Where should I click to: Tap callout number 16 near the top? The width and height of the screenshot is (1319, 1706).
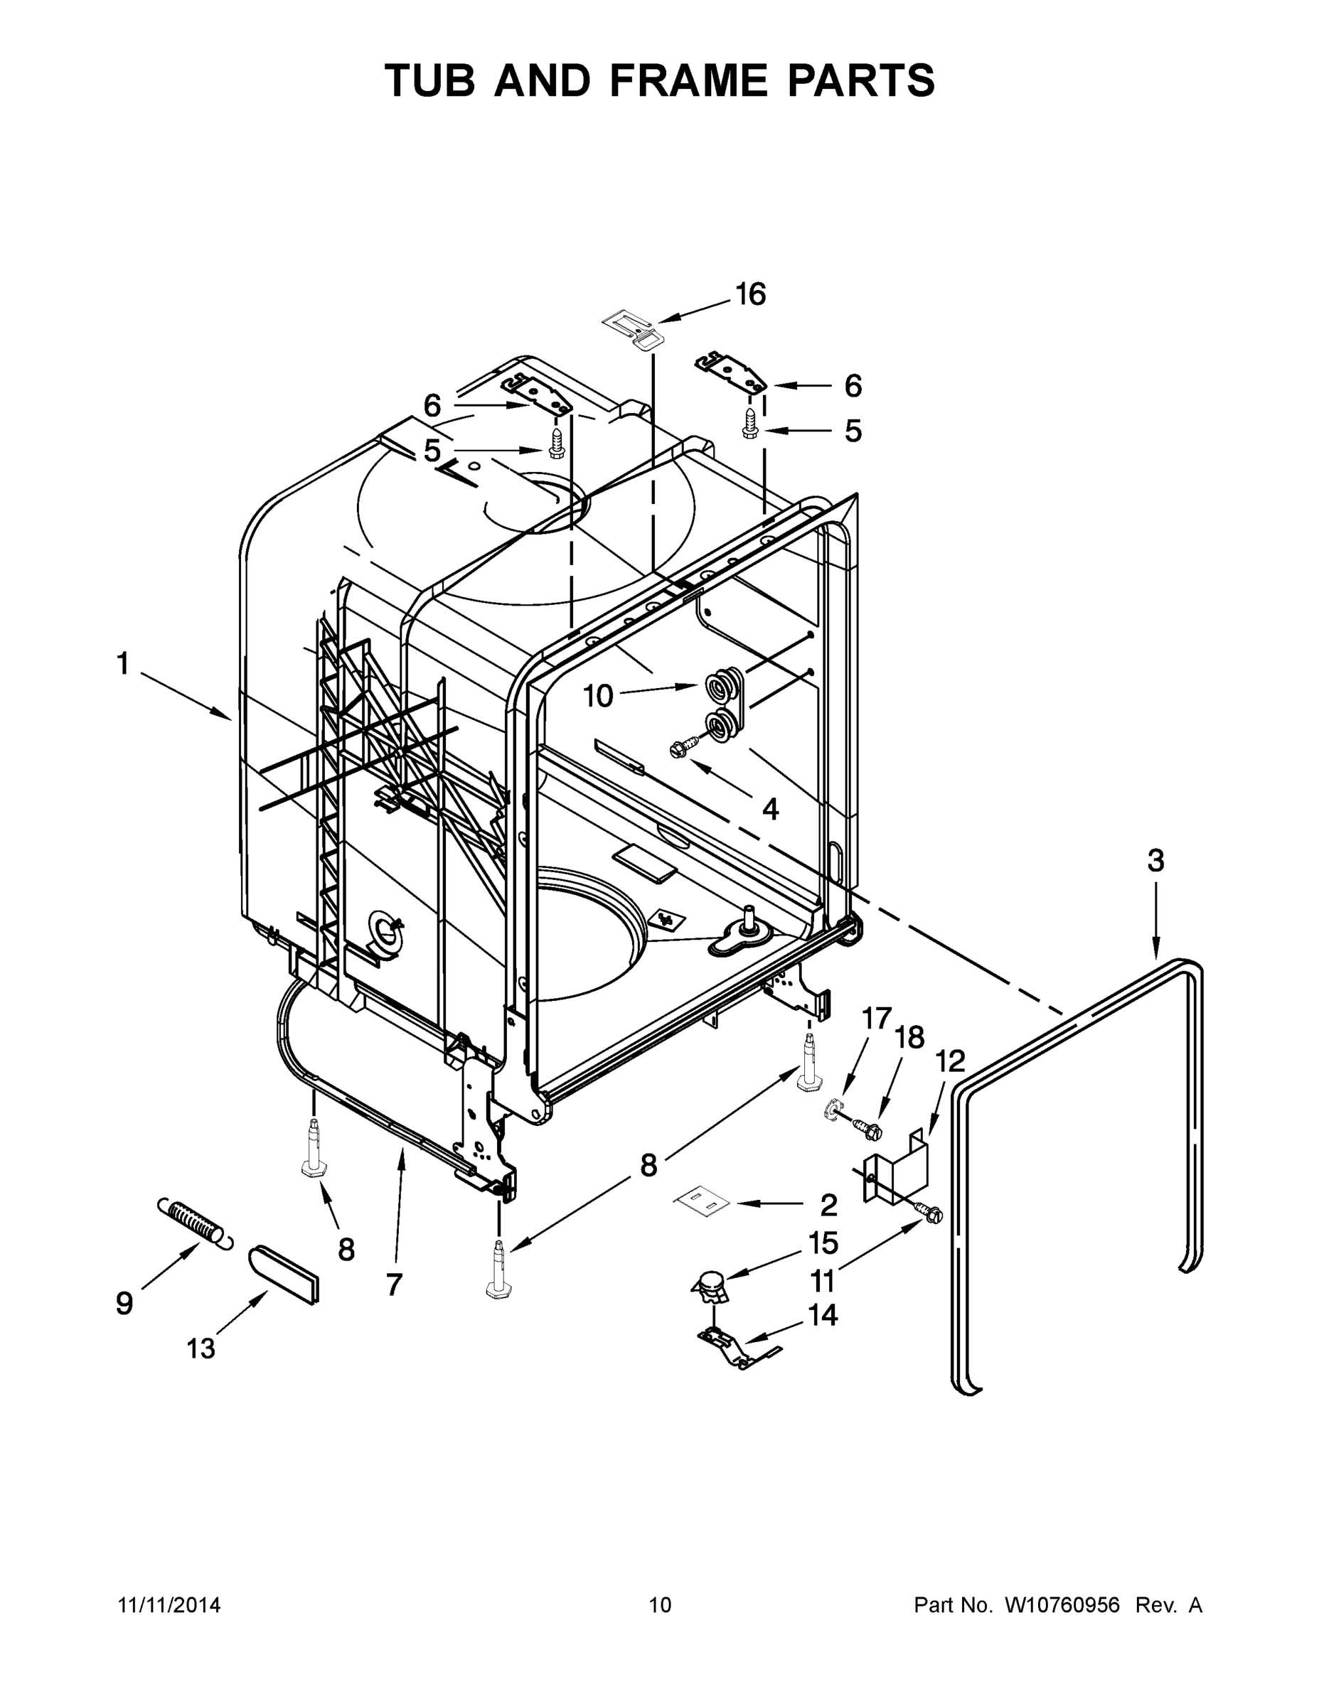click(x=750, y=294)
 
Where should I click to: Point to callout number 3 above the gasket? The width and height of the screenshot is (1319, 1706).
click(x=1155, y=861)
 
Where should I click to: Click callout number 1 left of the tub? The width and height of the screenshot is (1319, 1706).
click(x=123, y=665)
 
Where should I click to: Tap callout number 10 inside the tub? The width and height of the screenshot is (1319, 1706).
click(x=599, y=695)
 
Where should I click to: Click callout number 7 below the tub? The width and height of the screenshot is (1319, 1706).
click(x=394, y=1284)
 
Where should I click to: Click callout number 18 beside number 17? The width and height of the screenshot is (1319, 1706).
click(x=909, y=1038)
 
